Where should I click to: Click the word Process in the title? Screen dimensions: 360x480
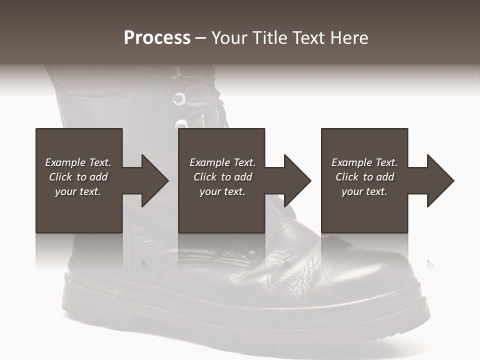[157, 38]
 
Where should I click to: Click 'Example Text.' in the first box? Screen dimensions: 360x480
[78, 162]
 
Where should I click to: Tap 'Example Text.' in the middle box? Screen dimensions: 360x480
[222, 162]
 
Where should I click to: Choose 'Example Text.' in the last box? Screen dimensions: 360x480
[364, 162]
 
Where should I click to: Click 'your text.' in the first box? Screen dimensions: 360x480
[78, 191]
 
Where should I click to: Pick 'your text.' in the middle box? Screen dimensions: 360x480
[222, 191]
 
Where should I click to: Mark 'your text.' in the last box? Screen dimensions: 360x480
[364, 191]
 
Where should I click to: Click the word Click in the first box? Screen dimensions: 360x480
[60, 177]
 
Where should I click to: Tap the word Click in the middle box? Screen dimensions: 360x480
[205, 177]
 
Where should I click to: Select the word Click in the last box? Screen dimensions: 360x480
[347, 177]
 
